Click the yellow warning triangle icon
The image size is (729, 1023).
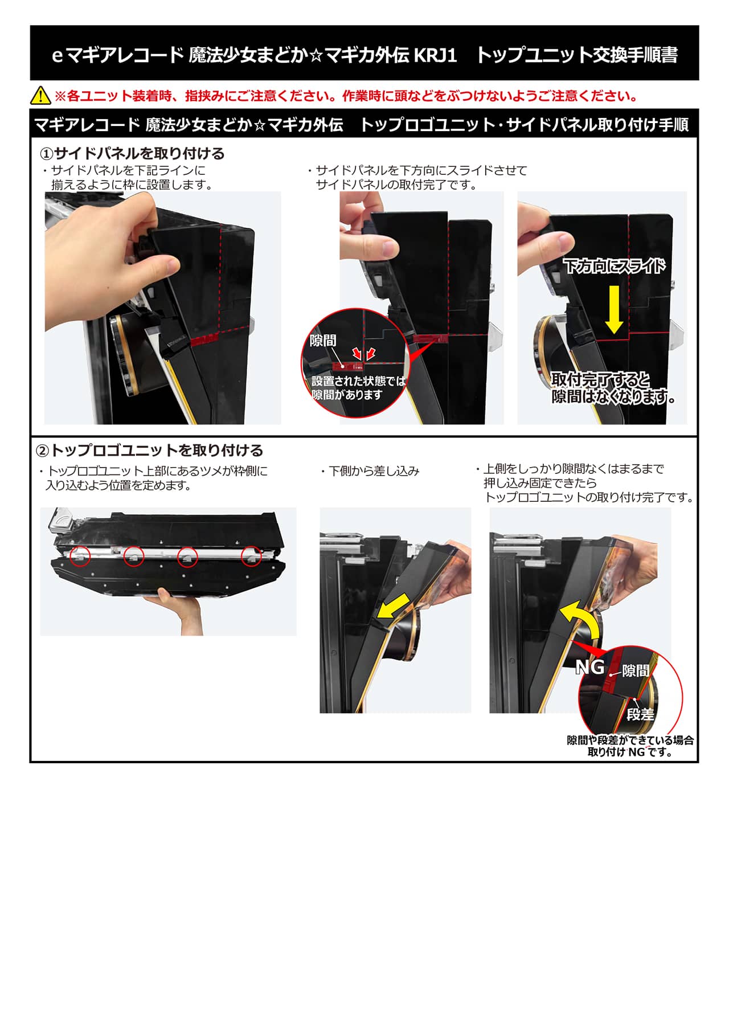tap(41, 95)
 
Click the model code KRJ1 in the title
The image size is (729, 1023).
tap(435, 55)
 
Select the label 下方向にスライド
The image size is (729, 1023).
tap(614, 266)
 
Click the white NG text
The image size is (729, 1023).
tap(589, 667)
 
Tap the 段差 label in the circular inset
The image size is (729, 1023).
tap(641, 714)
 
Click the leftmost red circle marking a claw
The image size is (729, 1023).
tap(80, 556)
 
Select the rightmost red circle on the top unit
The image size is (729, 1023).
tap(251, 556)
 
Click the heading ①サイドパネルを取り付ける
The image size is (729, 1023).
tap(132, 154)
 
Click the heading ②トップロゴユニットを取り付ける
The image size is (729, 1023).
tap(149, 451)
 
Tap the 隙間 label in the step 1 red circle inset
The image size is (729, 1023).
tap(323, 341)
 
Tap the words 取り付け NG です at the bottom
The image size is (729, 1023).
tap(630, 752)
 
